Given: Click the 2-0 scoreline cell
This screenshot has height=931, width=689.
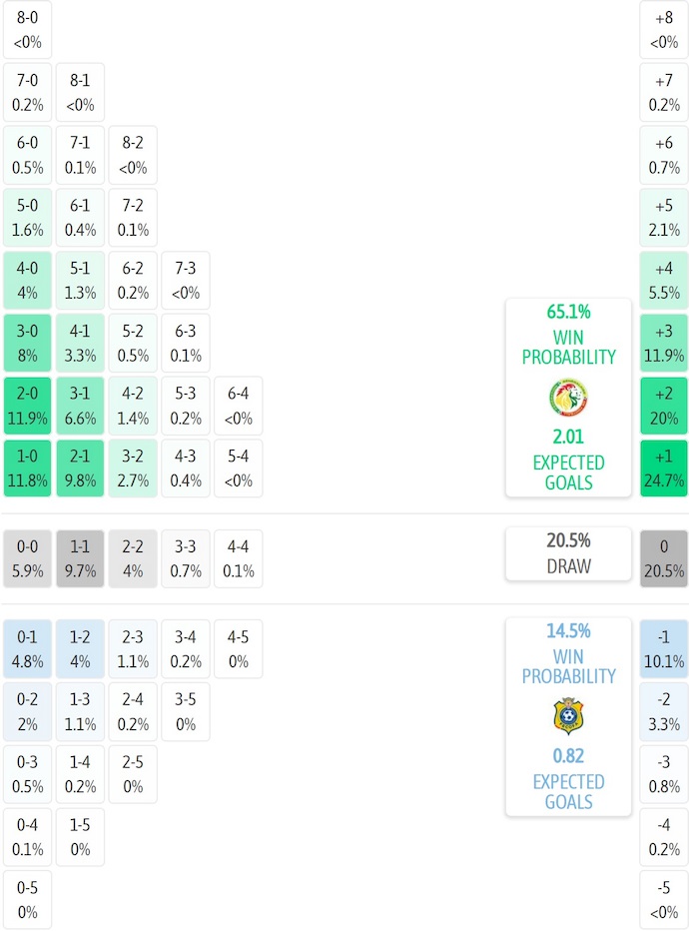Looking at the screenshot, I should coord(28,406).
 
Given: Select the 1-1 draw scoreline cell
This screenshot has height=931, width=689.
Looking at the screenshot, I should coord(80,558).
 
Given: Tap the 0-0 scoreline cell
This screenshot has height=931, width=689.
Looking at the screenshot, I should coord(28,558).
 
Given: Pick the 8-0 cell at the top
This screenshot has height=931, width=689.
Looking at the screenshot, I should coord(28,30).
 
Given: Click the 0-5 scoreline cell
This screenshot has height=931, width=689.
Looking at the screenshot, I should coord(28,899).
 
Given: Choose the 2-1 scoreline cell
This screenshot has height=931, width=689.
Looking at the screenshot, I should coord(80,468).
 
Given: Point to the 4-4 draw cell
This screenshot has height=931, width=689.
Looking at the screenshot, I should coord(238,558).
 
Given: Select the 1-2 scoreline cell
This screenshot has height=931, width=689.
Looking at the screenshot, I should coord(80,648).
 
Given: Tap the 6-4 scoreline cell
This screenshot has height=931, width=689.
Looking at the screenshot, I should coord(238,406).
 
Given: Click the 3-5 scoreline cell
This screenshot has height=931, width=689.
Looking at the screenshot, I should coord(186,710).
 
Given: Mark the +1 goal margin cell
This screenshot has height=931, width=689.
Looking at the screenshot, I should coord(664,468).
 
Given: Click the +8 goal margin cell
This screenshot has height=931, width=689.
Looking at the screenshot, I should coord(664,30).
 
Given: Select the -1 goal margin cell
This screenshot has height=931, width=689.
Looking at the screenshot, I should coord(664,648).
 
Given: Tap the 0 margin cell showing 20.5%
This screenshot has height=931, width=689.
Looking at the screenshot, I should coord(664,558).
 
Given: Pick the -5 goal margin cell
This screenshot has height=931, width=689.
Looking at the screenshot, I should coord(664,899).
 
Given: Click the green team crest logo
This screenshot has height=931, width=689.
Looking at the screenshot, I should coord(568,398).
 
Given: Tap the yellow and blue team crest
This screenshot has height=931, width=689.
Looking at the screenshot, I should coord(568,716).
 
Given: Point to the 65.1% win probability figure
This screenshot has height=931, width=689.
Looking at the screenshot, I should coord(568,311).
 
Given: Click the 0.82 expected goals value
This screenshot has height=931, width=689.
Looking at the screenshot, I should coord(568,756).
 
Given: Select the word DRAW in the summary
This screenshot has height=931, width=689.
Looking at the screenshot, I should coord(568,566).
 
